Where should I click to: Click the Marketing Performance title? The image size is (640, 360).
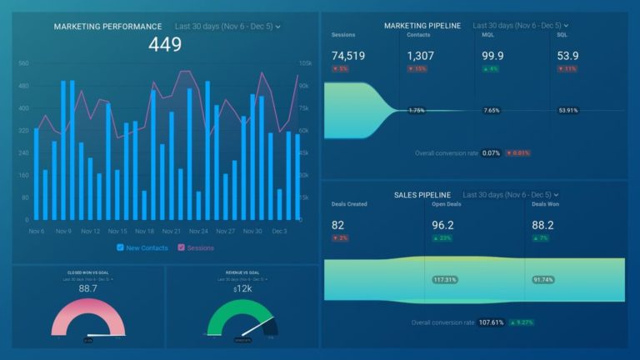pyautogui.click(x=108, y=27)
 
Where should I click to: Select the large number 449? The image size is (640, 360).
pyautogui.click(x=165, y=45)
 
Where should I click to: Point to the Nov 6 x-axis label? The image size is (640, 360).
pyautogui.click(x=37, y=231)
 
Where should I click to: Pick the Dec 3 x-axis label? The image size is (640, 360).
pyautogui.click(x=279, y=231)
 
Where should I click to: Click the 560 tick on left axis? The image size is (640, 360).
pyautogui.click(x=23, y=63)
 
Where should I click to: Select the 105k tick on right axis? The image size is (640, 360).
pyautogui.click(x=305, y=63)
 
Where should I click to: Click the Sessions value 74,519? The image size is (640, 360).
pyautogui.click(x=349, y=56)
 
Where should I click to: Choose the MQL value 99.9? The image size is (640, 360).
pyautogui.click(x=492, y=56)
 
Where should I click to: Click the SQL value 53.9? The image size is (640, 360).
pyautogui.click(x=568, y=56)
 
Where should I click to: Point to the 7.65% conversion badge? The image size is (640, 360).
pyautogui.click(x=492, y=110)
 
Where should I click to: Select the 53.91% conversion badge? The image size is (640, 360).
pyautogui.click(x=568, y=110)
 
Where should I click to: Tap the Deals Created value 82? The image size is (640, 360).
pyautogui.click(x=338, y=225)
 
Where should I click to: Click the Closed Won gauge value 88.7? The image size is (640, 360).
pyautogui.click(x=86, y=287)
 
